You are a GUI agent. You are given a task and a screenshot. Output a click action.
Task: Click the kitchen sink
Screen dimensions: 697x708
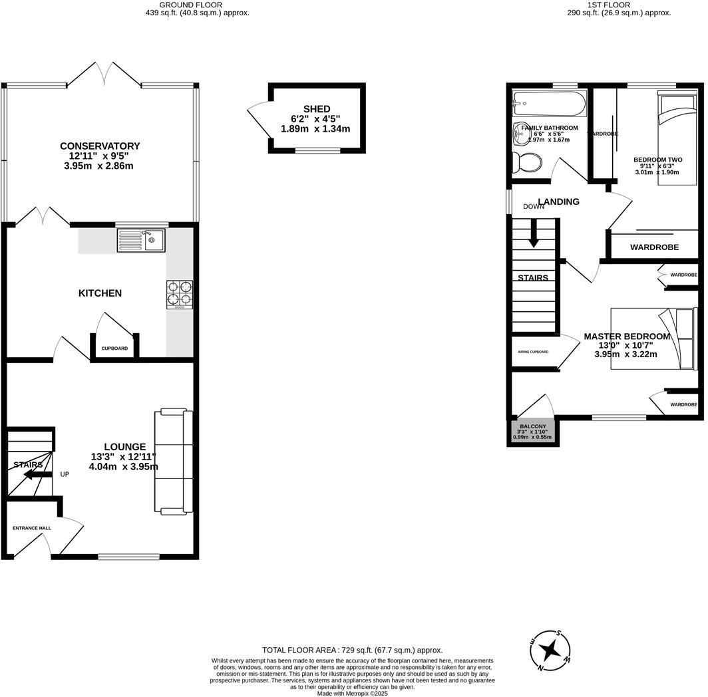pyautogui.click(x=141, y=240)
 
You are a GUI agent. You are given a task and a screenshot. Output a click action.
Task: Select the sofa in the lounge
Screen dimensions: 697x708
pyautogui.click(x=174, y=462)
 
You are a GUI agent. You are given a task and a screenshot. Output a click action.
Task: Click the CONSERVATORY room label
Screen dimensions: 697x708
pyautogui.click(x=100, y=146)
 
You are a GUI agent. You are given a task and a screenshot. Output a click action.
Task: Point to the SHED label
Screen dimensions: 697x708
pyautogui.click(x=317, y=109)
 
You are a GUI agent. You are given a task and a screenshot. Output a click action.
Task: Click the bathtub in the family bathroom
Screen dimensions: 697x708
pyautogui.click(x=548, y=104)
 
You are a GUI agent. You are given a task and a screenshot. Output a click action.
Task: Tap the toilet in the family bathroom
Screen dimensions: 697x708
pyautogui.click(x=528, y=162)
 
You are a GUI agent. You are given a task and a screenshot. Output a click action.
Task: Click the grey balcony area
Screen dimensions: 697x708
pyautogui.click(x=533, y=432)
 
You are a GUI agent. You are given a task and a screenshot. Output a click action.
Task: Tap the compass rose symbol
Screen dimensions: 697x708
pyautogui.click(x=550, y=650)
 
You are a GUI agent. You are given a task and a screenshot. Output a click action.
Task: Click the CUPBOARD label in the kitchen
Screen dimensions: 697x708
pyautogui.click(x=114, y=348)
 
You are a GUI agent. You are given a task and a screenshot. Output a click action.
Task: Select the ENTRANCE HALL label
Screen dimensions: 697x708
pyautogui.click(x=32, y=528)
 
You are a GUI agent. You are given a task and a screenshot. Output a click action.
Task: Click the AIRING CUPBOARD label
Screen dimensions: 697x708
pyautogui.click(x=533, y=351)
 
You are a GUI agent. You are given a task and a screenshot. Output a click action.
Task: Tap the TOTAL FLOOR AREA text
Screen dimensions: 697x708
pyautogui.click(x=352, y=650)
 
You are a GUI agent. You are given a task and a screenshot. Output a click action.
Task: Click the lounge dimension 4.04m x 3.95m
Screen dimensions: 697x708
pyautogui.click(x=124, y=466)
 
